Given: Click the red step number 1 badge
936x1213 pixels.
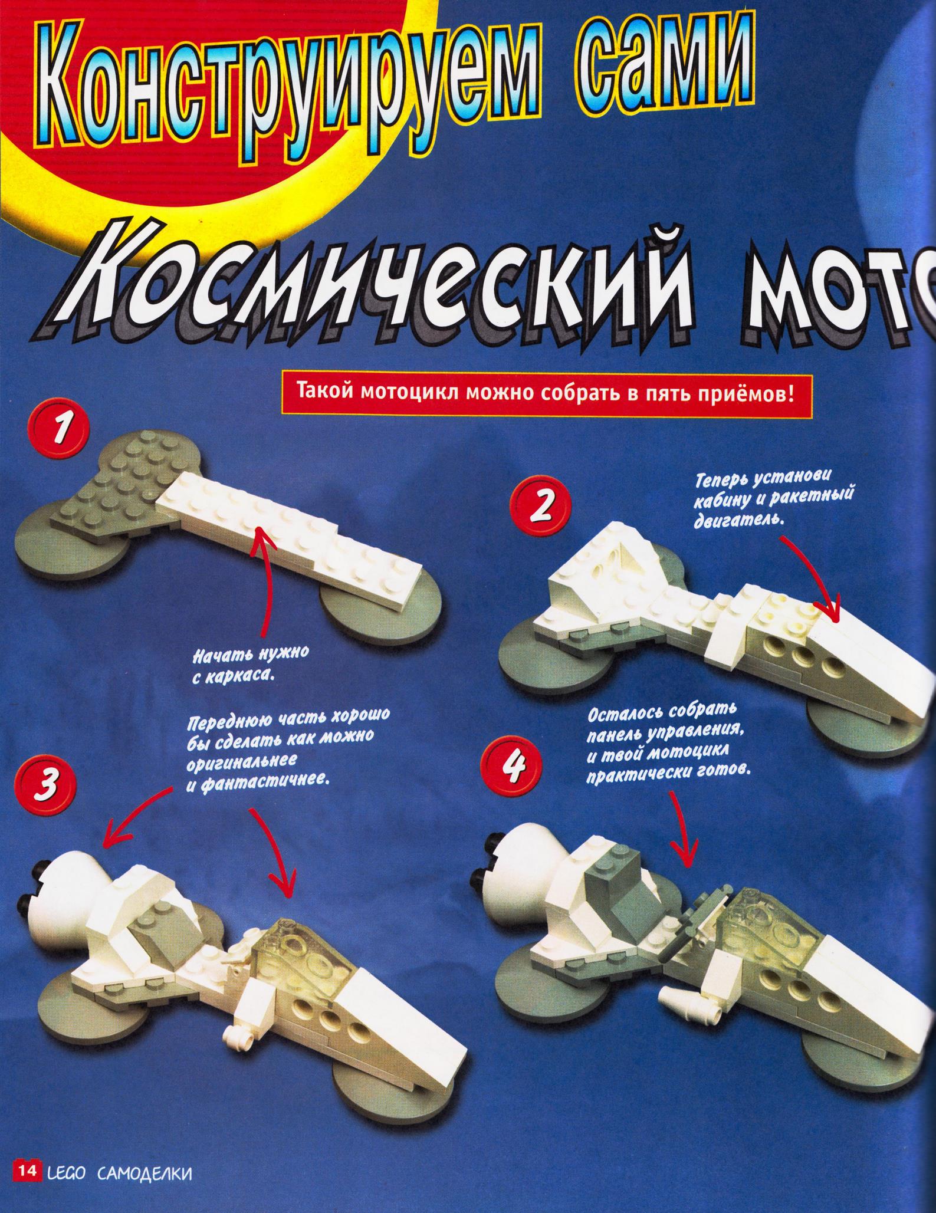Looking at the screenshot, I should (x=61, y=435).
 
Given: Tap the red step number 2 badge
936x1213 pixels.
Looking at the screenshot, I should (x=538, y=508).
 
